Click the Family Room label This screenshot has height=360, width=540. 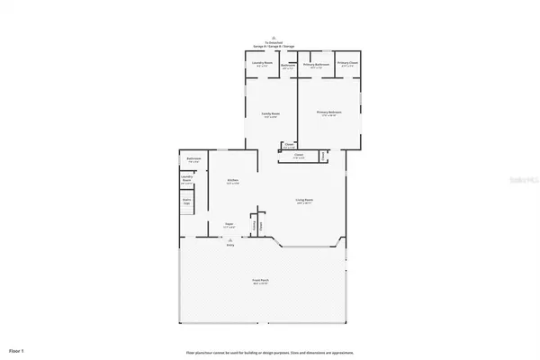(x=269, y=114)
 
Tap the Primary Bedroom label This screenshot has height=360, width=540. (x=328, y=113)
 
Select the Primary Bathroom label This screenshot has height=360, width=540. (x=315, y=65)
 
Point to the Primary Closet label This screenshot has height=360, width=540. (x=348, y=65)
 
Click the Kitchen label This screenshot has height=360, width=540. (x=231, y=182)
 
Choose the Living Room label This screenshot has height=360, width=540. (x=304, y=202)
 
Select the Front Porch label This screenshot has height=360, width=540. (x=263, y=283)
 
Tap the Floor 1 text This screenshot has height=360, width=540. (x=17, y=348)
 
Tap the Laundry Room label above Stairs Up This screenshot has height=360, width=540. (x=188, y=179)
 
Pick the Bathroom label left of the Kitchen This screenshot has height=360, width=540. (x=193, y=160)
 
